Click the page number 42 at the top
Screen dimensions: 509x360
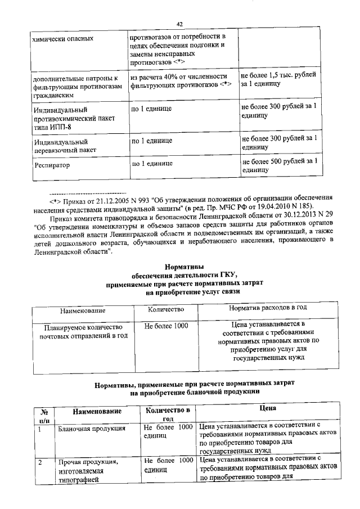coord(179,24)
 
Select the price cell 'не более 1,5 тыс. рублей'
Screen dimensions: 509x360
coord(278,79)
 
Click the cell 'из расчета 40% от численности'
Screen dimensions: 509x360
coord(178,76)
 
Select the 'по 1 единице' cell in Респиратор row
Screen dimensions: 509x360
coord(152,164)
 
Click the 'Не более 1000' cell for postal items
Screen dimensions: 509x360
coord(166,326)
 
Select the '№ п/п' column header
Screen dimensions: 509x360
coord(43,415)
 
